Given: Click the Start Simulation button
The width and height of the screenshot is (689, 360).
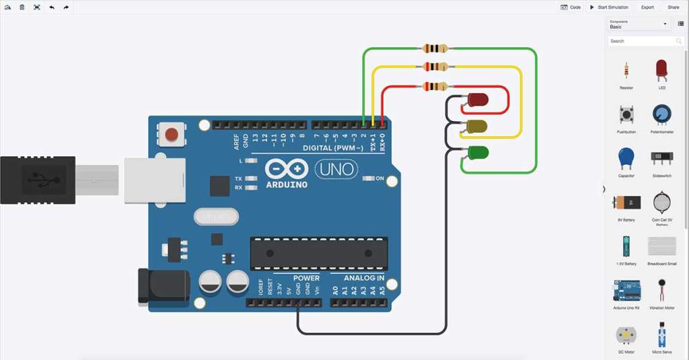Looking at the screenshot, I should point(610,7).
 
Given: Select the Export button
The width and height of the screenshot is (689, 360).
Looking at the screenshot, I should point(647,7).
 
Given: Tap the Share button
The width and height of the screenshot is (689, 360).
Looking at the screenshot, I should point(673,7).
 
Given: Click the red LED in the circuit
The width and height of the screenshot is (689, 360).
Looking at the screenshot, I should point(477,100).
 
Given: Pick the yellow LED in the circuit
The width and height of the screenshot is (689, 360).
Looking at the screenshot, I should point(477,126).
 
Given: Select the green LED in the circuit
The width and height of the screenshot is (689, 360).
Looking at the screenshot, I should point(477,153).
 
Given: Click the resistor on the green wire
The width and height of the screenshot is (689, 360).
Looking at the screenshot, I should point(434,48).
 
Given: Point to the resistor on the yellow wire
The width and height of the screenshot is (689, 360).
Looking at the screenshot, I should point(434,67).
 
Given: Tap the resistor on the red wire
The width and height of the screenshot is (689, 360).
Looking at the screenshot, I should point(434,86).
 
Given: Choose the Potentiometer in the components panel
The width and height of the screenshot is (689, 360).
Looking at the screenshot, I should point(661,114).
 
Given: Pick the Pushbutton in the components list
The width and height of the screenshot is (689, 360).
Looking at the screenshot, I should point(626,114).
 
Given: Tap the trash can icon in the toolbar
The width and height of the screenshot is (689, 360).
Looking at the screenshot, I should point(22,7).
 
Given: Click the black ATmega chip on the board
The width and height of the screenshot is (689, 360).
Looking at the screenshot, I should point(319,254).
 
